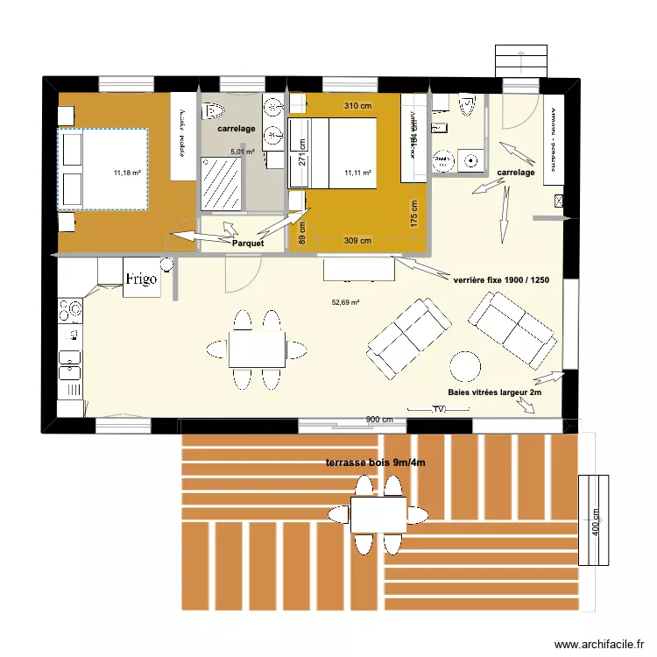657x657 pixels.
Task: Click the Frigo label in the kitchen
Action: [141, 279]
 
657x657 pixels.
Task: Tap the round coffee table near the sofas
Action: [465, 364]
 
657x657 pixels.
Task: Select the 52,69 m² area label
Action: [346, 303]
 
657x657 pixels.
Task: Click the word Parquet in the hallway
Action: [248, 243]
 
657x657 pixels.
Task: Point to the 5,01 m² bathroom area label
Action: [242, 152]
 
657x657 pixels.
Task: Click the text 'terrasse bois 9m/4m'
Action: [374, 463]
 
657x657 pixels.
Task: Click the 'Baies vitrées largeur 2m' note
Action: [494, 393]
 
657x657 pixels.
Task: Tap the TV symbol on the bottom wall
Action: [439, 409]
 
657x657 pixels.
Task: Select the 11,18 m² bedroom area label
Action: [127, 173]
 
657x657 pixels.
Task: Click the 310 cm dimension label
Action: [357, 106]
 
